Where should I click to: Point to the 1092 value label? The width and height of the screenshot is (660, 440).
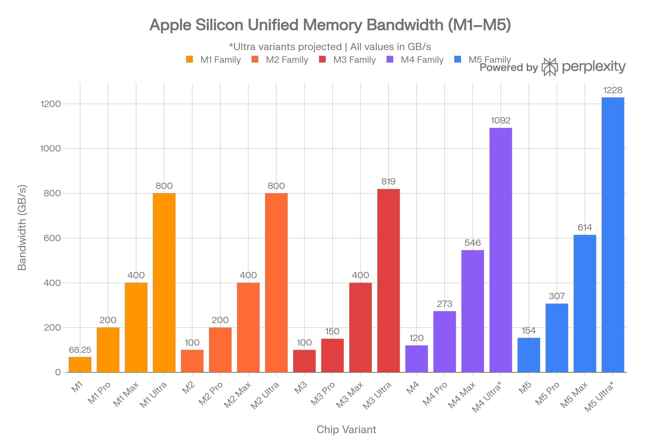coord(501,121)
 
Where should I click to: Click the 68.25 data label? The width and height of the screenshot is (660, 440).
coord(80,350)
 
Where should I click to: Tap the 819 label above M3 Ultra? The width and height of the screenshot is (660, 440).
coord(388,182)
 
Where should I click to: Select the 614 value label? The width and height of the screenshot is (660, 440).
coord(585,227)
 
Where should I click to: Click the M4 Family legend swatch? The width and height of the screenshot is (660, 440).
coord(390,59)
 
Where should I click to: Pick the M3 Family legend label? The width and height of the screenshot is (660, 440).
coord(354,60)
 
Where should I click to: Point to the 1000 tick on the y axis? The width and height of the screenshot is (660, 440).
coord(51,148)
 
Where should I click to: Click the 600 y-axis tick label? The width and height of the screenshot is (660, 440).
coord(52,238)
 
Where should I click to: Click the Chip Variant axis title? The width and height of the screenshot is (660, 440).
coord(346,430)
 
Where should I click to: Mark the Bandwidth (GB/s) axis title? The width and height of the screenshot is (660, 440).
coord(22,228)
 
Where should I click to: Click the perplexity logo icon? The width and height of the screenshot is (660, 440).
coord(549,67)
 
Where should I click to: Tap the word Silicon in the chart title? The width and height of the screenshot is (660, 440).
coord(219,25)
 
